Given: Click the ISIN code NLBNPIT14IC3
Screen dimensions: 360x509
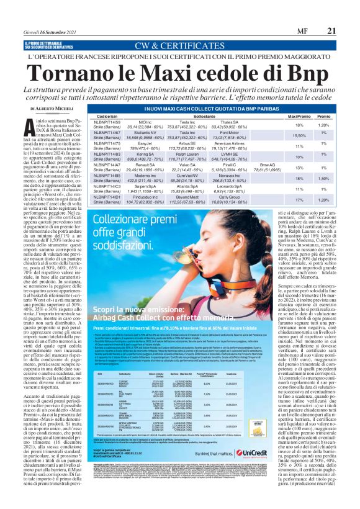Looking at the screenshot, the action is click(107, 186).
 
